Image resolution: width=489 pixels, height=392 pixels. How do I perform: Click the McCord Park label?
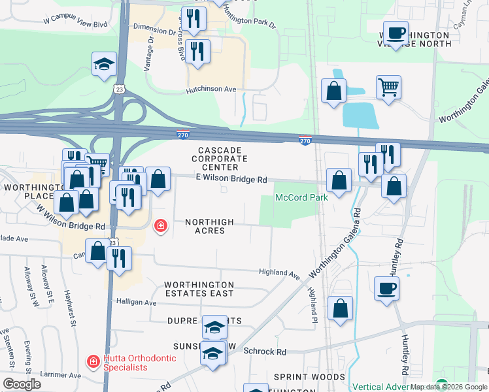pyautogui.click(x=301, y=197)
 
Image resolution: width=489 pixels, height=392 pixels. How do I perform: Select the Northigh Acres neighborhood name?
pyautogui.click(x=209, y=226)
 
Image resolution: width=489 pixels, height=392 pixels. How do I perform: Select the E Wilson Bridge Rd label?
pyautogui.click(x=232, y=178)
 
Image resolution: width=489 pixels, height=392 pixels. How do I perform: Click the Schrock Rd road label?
pyautogui.click(x=265, y=351)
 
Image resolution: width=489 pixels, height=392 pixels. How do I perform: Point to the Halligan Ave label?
pyautogui.click(x=136, y=302)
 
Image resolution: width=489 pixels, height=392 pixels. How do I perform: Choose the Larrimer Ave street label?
pyautogui.click(x=59, y=375)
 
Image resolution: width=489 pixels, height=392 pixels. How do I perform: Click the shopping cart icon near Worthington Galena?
pyautogui.click(x=388, y=87)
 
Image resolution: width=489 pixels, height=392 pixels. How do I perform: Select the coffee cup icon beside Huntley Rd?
pyautogui.click(x=386, y=288)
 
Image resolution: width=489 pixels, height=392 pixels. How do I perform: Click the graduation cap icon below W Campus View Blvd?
pyautogui.click(x=104, y=64)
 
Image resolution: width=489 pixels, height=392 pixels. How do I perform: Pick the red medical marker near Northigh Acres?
pyautogui.click(x=160, y=227)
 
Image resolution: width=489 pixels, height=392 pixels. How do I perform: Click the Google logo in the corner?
pyautogui.click(x=22, y=384)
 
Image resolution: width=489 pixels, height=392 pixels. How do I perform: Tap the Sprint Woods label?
pyautogui.click(x=309, y=377)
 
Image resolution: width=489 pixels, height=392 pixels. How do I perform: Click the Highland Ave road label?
pyautogui.click(x=278, y=272)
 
